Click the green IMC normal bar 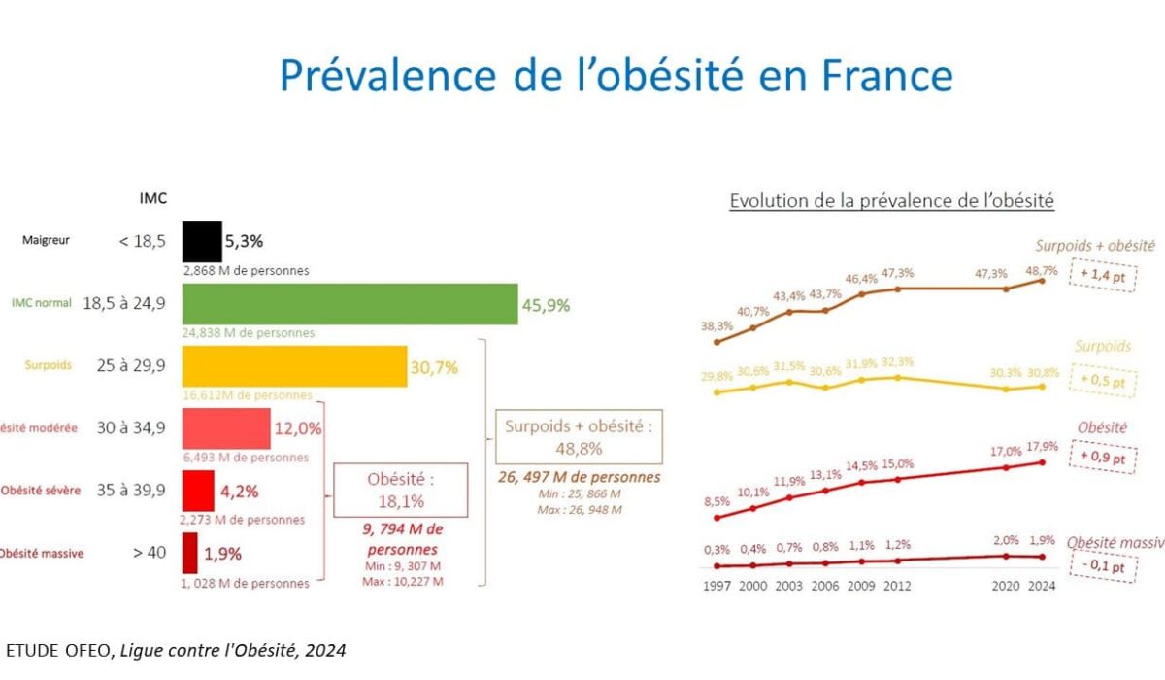click(349, 304)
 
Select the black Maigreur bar click(202, 241)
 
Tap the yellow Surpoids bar click(294, 366)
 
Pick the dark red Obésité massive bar click(189, 553)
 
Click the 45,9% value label click(547, 305)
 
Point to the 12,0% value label click(299, 428)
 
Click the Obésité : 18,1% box click(400, 491)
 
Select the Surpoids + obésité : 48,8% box click(579, 436)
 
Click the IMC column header click(153, 198)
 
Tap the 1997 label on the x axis click(716, 586)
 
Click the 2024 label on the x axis click(1042, 586)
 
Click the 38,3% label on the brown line click(716, 326)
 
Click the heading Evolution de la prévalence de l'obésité click(891, 201)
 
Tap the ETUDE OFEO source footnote click(175, 650)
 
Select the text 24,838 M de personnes click(248, 333)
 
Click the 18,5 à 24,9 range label click(124, 303)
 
